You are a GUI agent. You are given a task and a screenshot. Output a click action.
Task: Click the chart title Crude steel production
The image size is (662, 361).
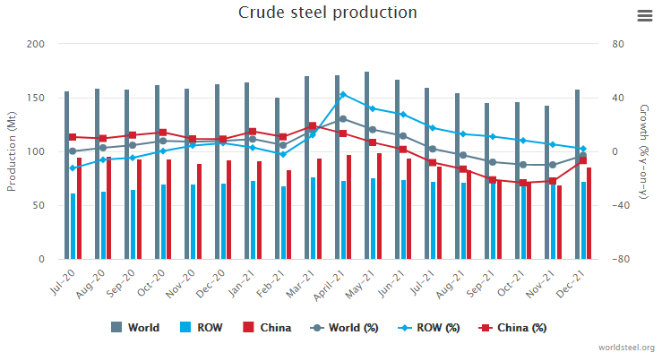click(328, 13)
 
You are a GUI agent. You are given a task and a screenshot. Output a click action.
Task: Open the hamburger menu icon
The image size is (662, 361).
click(644, 16)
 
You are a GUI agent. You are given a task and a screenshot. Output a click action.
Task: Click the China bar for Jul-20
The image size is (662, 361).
click(79, 208)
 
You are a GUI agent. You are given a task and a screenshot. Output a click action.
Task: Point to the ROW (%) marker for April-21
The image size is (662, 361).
click(343, 94)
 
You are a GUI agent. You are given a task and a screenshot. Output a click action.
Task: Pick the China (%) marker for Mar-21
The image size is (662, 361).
click(313, 126)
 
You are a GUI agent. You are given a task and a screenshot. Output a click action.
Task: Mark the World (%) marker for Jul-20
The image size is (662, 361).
click(73, 150)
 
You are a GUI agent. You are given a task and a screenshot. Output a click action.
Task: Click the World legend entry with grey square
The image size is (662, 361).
click(135, 327)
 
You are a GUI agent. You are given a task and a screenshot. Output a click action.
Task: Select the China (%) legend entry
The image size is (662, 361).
click(512, 327)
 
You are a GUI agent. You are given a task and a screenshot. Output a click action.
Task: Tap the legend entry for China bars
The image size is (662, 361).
click(266, 327)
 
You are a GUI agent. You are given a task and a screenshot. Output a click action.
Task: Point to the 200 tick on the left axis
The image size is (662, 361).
click(35, 44)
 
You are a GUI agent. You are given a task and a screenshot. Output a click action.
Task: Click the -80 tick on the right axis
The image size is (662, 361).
click(618, 259)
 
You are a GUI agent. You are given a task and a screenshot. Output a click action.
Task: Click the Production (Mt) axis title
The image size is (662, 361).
click(13, 151)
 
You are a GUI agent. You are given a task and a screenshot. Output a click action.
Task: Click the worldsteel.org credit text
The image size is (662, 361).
click(625, 348)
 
